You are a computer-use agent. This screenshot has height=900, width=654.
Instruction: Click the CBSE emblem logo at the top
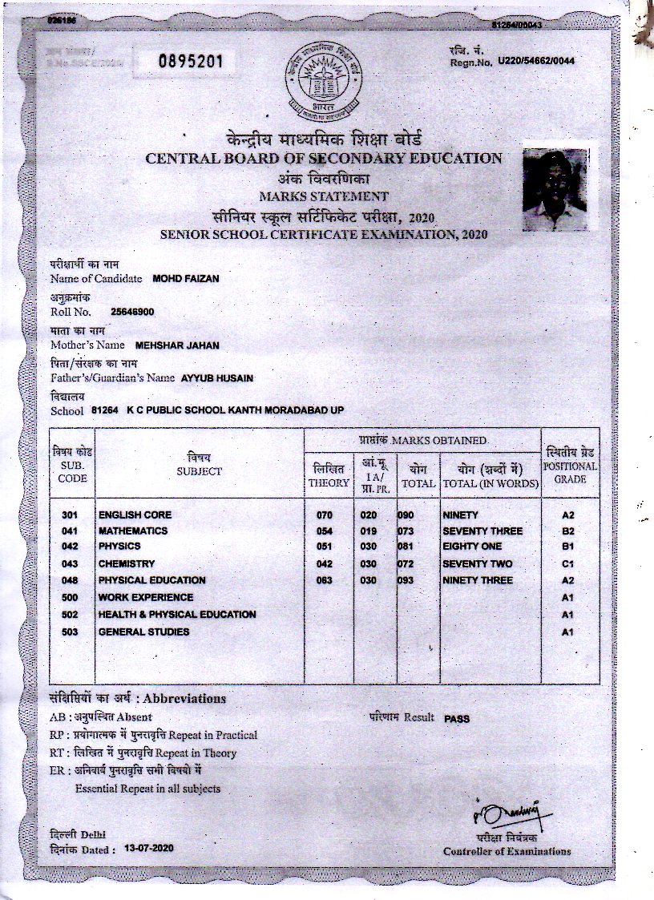[x=325, y=81]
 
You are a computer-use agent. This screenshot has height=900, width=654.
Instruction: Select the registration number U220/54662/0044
[x=536, y=61]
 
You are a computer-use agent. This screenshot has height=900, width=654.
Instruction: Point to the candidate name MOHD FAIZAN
[x=185, y=279]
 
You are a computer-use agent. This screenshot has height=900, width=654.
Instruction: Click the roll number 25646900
[x=133, y=312]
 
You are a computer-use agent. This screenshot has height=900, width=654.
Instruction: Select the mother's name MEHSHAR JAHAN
[x=176, y=345]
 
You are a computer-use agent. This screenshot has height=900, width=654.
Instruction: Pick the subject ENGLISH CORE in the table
[x=135, y=515]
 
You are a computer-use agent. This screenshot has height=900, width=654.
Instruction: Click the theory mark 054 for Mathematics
[x=324, y=531]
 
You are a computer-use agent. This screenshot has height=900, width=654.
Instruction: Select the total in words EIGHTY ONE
[x=472, y=547]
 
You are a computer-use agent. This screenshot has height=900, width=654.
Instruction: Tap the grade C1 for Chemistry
[x=569, y=564]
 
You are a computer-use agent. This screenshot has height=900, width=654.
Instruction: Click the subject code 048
[x=70, y=580]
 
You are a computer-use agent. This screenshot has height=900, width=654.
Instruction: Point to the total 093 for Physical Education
[x=406, y=580]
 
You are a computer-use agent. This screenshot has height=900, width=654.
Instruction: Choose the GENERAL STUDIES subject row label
[x=143, y=632]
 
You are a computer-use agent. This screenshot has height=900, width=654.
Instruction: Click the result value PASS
[x=457, y=719]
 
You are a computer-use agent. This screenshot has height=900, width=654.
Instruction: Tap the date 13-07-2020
[x=149, y=848]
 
